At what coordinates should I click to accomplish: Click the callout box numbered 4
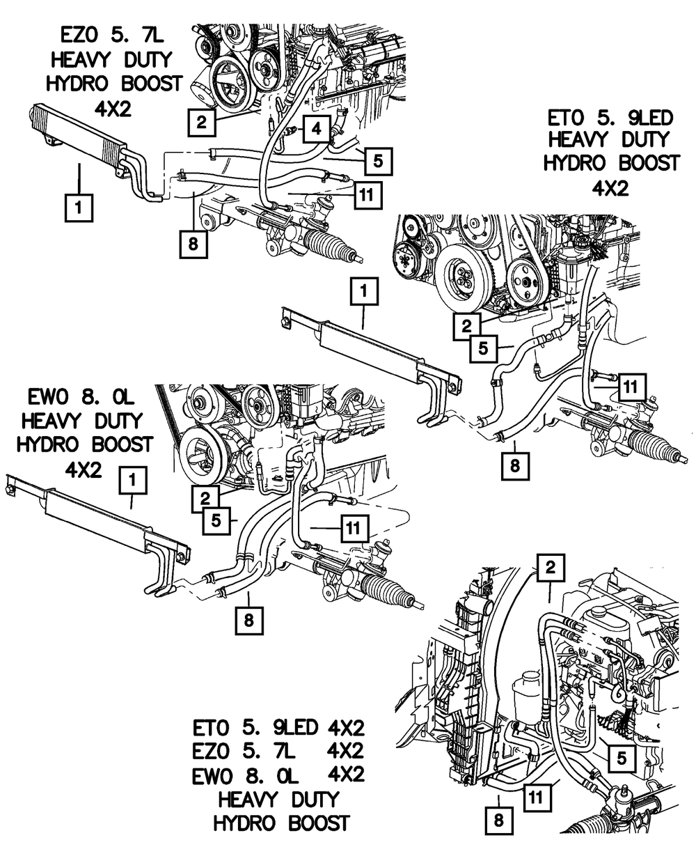(x=317, y=129)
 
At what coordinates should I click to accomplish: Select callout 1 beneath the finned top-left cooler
(x=79, y=208)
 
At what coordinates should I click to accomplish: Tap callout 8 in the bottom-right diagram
(x=498, y=820)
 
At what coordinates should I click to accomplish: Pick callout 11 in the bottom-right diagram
(x=537, y=798)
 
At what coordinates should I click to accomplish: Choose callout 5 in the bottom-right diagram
(x=622, y=759)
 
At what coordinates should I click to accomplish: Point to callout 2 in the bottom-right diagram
(x=551, y=567)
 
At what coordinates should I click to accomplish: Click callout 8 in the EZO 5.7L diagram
(x=193, y=243)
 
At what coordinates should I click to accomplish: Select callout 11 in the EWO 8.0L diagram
(x=353, y=528)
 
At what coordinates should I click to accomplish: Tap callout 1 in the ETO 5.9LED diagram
(x=364, y=291)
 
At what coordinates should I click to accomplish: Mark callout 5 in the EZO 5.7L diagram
(x=379, y=161)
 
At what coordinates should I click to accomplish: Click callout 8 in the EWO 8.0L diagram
(x=249, y=621)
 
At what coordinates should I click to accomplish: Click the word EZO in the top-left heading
(x=80, y=36)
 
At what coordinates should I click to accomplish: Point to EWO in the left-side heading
(x=47, y=397)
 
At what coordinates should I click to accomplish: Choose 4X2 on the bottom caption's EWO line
(x=346, y=775)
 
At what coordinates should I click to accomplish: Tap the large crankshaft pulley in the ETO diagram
(x=459, y=281)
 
